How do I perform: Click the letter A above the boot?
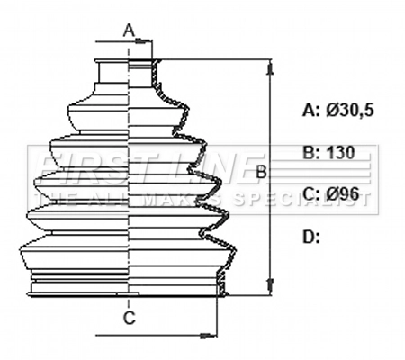click(x=129, y=31)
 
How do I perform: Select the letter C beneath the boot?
click(x=129, y=318)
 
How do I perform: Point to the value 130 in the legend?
click(x=340, y=152)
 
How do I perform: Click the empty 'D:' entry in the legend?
click(x=311, y=237)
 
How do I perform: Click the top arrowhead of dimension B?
click(x=269, y=66)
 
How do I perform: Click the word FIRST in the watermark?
click(x=90, y=167)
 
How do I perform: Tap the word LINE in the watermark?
click(x=207, y=167)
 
